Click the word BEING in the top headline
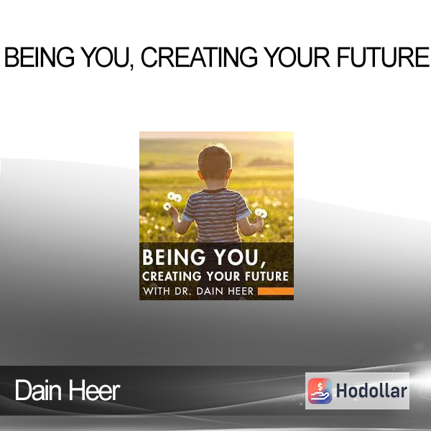[x=40, y=57]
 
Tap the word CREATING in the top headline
[x=199, y=57]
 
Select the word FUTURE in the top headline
[x=383, y=57]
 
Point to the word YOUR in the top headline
[x=297, y=57]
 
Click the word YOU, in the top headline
[x=108, y=57]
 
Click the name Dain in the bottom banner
[x=38, y=390]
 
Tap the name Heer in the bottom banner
[x=93, y=390]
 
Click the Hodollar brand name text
[x=371, y=391]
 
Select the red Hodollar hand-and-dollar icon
[x=320, y=391]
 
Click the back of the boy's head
[x=215, y=163]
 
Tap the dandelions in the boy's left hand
[x=172, y=201]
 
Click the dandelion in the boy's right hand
[x=261, y=213]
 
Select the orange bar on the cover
[x=276, y=292]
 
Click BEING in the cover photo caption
[x=174, y=258]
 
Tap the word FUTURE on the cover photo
[x=267, y=277]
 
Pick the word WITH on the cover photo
[x=157, y=292]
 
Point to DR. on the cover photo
[x=182, y=292]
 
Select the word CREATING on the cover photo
[x=172, y=277]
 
